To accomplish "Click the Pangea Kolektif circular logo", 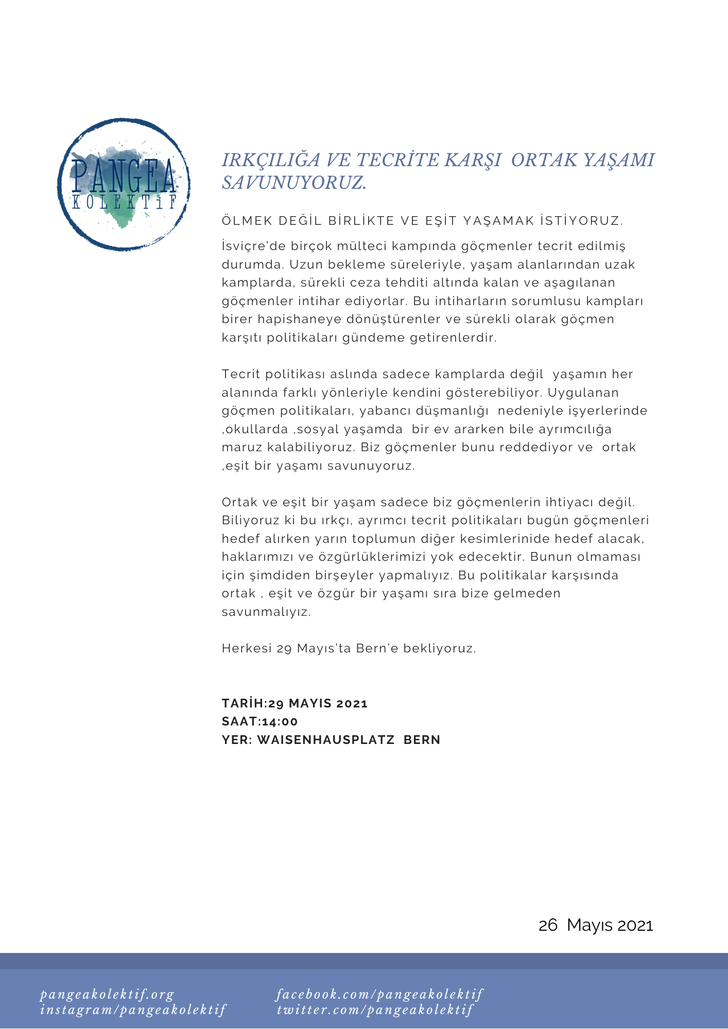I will tap(124, 184).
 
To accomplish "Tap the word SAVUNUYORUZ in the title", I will tap(294, 183).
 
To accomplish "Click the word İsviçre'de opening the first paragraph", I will tap(251, 246).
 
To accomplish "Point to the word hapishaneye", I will tap(299, 319).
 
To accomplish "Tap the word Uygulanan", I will tap(583, 393).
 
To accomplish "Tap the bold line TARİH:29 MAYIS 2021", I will tap(294, 703).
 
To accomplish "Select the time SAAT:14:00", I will tap(259, 721).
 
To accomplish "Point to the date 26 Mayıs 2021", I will tap(596, 925).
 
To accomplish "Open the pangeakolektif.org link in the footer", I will tap(107, 995).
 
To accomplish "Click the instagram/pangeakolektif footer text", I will tap(133, 1010).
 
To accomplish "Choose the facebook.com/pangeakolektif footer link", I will tap(379, 995).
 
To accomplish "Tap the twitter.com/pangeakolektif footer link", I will tap(375, 1010).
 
